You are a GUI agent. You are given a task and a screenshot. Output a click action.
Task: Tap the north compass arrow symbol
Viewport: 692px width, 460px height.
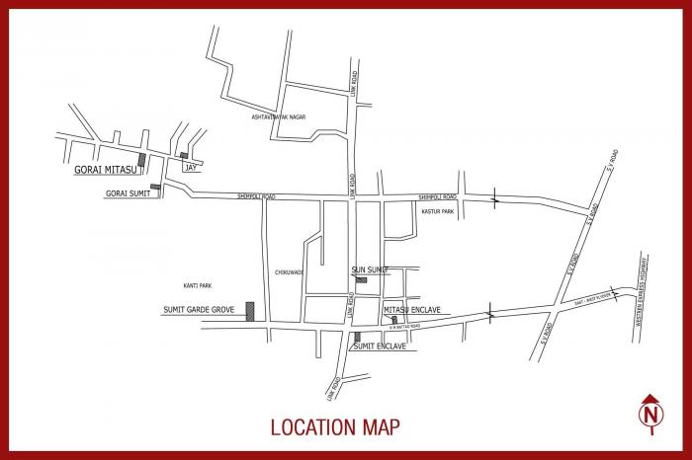coord(649,413)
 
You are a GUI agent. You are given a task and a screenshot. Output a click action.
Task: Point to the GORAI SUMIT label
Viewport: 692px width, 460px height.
coord(128,193)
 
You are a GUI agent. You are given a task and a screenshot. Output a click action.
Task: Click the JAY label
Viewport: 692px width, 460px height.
coord(190,168)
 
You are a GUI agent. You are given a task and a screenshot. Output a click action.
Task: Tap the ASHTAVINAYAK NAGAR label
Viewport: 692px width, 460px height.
coord(279,117)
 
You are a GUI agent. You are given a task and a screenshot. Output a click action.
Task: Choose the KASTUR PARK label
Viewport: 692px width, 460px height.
coord(437,211)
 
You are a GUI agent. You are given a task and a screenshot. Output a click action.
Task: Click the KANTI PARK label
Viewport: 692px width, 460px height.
coord(198,285)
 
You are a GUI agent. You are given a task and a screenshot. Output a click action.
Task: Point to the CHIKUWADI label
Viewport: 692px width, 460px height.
coord(290,272)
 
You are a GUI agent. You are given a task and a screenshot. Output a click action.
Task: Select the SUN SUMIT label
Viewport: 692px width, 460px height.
coord(370,269)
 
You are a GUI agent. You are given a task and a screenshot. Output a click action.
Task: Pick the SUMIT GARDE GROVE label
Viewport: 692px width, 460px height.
coord(199,310)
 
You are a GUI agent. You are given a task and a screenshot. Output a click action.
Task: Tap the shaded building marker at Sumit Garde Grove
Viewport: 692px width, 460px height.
coord(250,311)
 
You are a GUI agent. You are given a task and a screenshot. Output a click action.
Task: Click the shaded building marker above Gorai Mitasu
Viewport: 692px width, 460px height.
coord(141,159)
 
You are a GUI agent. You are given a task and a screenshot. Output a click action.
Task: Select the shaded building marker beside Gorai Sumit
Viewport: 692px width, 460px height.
coord(155,187)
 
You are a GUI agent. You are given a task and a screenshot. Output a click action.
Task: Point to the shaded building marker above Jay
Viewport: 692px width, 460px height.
coord(184,155)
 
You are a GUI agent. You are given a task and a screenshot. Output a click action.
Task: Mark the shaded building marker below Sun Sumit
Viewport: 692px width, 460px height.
coord(362,280)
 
